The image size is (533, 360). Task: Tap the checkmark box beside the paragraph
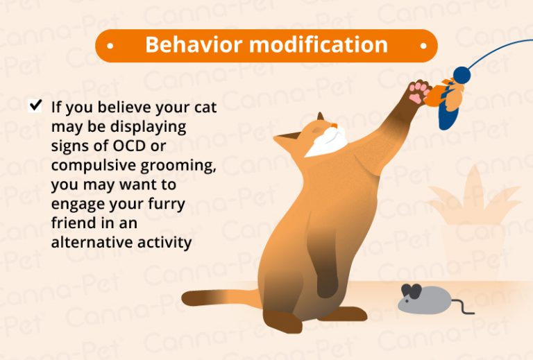tap(35, 106)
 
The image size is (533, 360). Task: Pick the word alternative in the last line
tap(87, 243)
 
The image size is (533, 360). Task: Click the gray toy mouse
tap(423, 299)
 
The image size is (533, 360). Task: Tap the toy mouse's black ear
tap(412, 291)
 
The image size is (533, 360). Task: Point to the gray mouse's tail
tap(461, 307)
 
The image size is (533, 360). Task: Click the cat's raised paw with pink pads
tap(418, 92)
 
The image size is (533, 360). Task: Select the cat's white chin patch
tap(325, 146)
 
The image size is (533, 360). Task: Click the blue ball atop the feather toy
tap(461, 74)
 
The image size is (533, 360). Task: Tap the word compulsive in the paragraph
tap(94, 166)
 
